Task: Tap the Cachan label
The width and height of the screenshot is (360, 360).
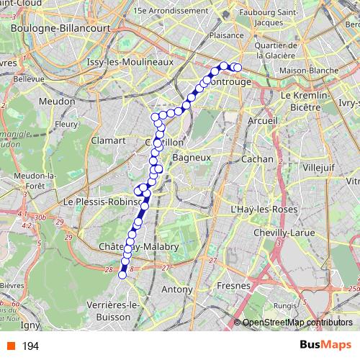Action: (257, 159)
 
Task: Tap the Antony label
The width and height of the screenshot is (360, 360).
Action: (177, 289)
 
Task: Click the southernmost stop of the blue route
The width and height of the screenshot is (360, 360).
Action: (122, 274)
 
